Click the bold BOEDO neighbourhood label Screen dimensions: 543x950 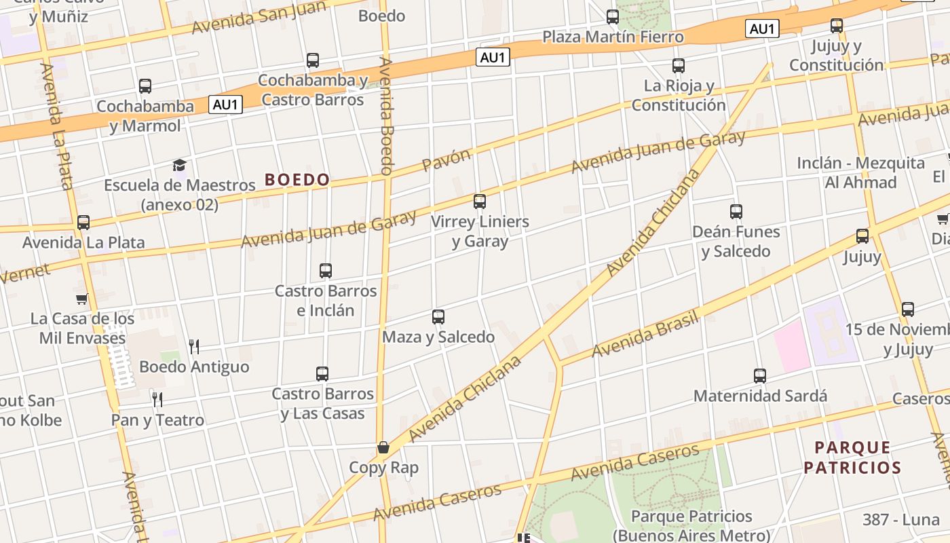[x=297, y=180]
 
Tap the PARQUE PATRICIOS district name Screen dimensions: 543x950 [x=852, y=457]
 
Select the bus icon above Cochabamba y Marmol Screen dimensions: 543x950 [x=145, y=86]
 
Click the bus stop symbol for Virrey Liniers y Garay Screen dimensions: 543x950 [x=480, y=201]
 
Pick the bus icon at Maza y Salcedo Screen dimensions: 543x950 [x=438, y=316]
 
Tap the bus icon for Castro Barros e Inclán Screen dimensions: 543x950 [x=326, y=270]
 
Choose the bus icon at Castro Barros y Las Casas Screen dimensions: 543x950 [x=322, y=373]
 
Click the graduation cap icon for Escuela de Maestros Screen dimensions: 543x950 [x=179, y=165]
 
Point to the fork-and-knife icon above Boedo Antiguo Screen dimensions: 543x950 [x=194, y=347]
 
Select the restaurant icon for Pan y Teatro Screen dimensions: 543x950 [x=157, y=399]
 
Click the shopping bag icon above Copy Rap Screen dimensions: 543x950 [x=383, y=447]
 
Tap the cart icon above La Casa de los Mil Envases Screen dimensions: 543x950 [x=82, y=299]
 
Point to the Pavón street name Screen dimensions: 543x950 [x=446, y=160]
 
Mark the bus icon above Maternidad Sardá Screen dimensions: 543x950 [x=760, y=375]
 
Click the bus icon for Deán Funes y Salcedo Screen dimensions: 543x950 [x=736, y=211]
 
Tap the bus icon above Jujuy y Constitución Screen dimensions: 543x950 [x=837, y=26]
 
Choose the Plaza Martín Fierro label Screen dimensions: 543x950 [x=613, y=37]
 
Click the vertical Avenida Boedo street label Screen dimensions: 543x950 [x=386, y=116]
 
